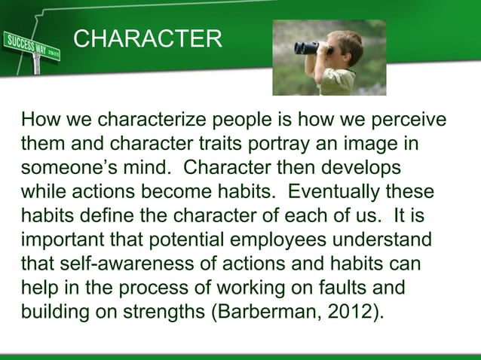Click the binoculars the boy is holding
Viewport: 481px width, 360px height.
click(308, 47)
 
